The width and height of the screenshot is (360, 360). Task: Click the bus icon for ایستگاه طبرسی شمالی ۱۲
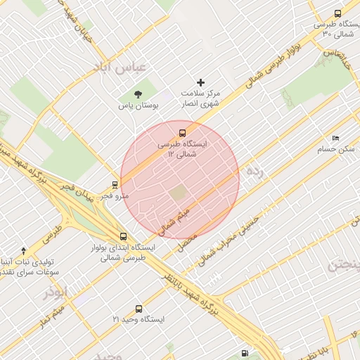click(x=183, y=132)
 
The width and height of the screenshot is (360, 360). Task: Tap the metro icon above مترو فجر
click(x=114, y=186)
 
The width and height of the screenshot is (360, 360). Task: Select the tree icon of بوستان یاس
click(x=138, y=94)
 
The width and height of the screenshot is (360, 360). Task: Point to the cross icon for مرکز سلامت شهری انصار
click(x=202, y=83)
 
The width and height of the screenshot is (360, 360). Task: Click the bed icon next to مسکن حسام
click(x=335, y=139)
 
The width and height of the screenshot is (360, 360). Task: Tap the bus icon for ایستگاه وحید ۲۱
click(x=138, y=309)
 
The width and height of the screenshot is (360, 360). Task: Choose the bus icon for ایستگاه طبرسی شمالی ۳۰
click(x=337, y=13)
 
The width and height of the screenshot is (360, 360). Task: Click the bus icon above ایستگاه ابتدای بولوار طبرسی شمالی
click(x=124, y=237)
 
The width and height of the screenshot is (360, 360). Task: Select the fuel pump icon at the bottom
click(x=244, y=353)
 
